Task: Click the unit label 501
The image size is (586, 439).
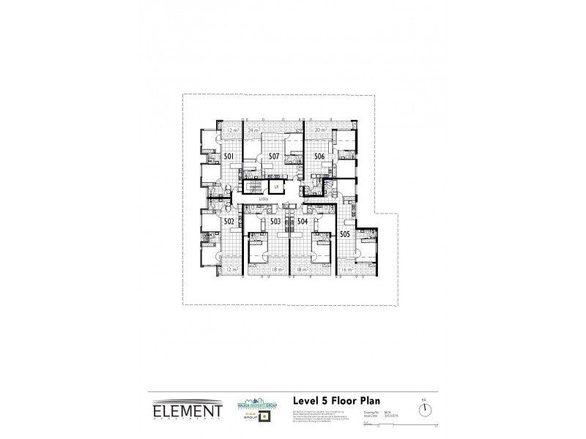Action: (x=229, y=157)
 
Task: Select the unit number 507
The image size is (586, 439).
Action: (x=274, y=157)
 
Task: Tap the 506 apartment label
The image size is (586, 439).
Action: (x=319, y=157)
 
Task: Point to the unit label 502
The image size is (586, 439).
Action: (x=229, y=221)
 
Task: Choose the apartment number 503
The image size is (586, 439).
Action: (x=275, y=221)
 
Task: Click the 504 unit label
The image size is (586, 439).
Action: (x=302, y=221)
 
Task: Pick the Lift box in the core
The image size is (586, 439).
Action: (x=277, y=188)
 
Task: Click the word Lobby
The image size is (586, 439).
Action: (x=264, y=199)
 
